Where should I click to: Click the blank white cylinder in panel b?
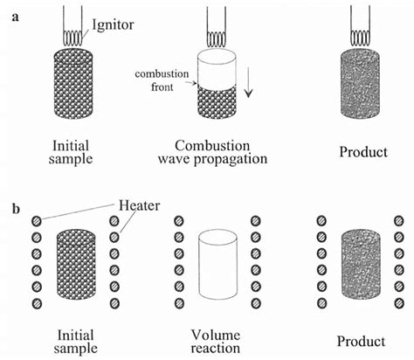[218, 267]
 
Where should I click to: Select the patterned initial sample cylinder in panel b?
[75, 267]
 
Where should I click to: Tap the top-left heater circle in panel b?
[36, 222]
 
